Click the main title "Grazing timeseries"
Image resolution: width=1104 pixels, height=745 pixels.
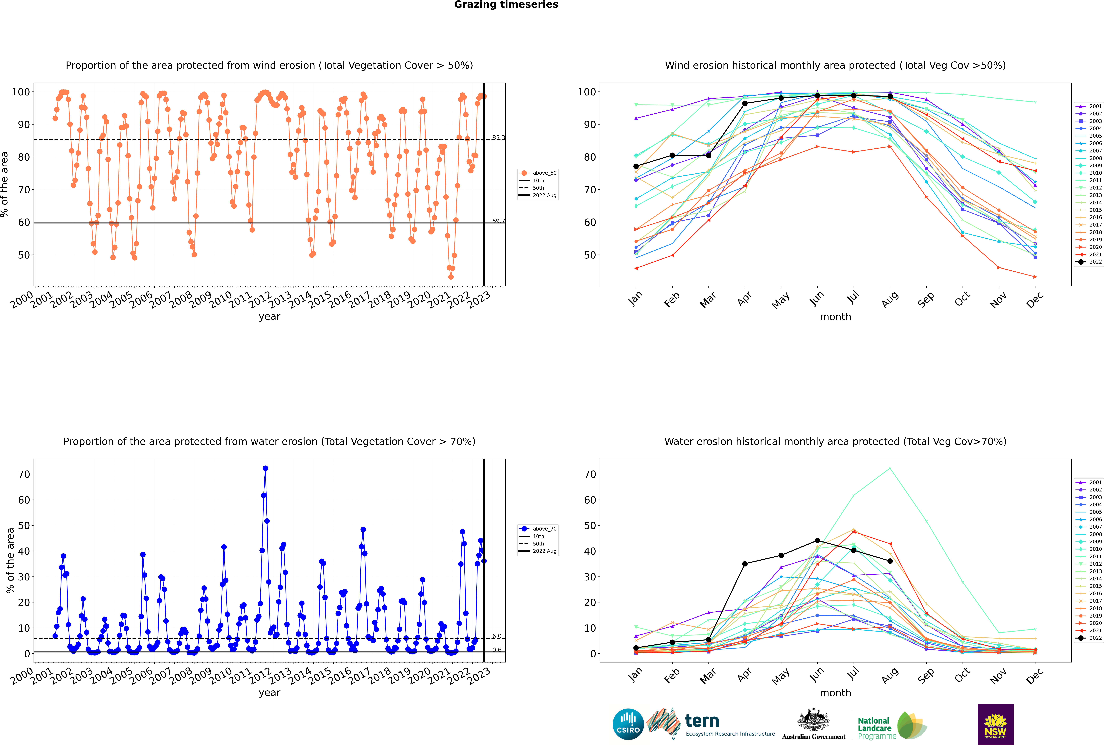click(x=506, y=5)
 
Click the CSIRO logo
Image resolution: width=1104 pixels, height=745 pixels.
click(x=628, y=724)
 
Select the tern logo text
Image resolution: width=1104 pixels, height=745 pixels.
click(x=702, y=721)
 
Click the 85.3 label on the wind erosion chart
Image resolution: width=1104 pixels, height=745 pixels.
click(x=498, y=138)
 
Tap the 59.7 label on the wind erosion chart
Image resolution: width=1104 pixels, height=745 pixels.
click(x=498, y=221)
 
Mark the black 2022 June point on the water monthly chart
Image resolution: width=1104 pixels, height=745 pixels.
click(x=817, y=541)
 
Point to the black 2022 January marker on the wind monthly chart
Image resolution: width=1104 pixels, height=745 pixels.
click(x=636, y=166)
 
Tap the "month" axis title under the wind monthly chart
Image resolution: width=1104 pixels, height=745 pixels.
click(x=835, y=317)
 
